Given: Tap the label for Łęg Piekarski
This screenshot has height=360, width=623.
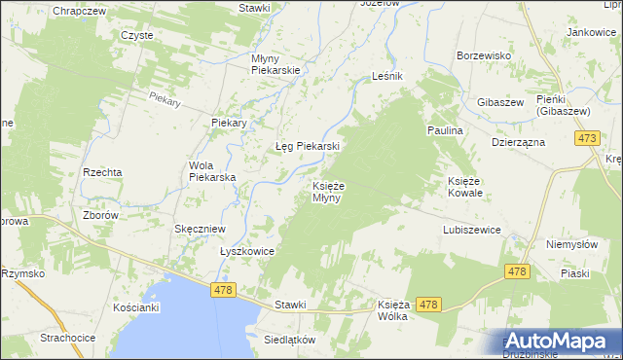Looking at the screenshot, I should click(x=307, y=146).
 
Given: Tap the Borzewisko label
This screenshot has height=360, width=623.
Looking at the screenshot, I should click(x=484, y=55).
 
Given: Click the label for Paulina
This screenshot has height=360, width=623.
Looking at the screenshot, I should click(x=444, y=129).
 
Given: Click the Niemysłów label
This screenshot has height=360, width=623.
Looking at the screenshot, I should click(x=570, y=244).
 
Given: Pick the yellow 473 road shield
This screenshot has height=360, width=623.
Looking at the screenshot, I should click(x=587, y=140).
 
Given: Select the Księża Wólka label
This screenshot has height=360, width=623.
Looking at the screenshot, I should click(x=392, y=310).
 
